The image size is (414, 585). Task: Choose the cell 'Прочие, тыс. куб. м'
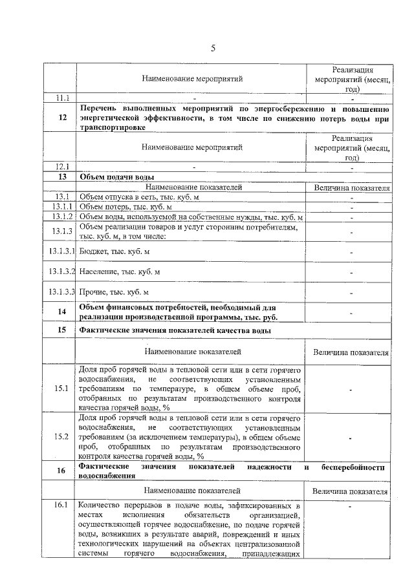(x=114, y=292)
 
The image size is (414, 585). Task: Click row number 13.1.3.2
(x=62, y=272)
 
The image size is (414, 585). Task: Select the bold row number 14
(x=62, y=312)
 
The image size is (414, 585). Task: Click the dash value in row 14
(x=351, y=313)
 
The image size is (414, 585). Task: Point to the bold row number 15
(x=62, y=330)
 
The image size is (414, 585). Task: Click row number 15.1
(x=62, y=388)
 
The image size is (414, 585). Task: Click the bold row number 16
(x=62, y=471)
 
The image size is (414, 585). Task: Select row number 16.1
(x=62, y=505)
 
